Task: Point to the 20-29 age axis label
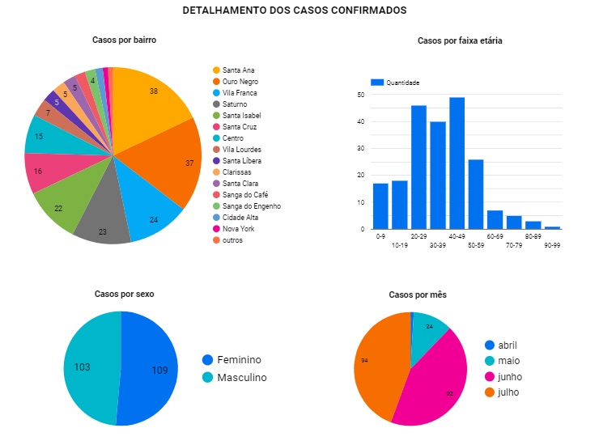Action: (418, 236)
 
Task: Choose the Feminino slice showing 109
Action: (154, 369)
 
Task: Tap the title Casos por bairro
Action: (124, 40)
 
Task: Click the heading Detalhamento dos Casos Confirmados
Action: (295, 11)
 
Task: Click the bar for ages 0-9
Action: (380, 206)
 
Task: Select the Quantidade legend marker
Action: (376, 83)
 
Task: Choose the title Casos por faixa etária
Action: (460, 40)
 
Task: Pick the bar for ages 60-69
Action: (495, 219)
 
